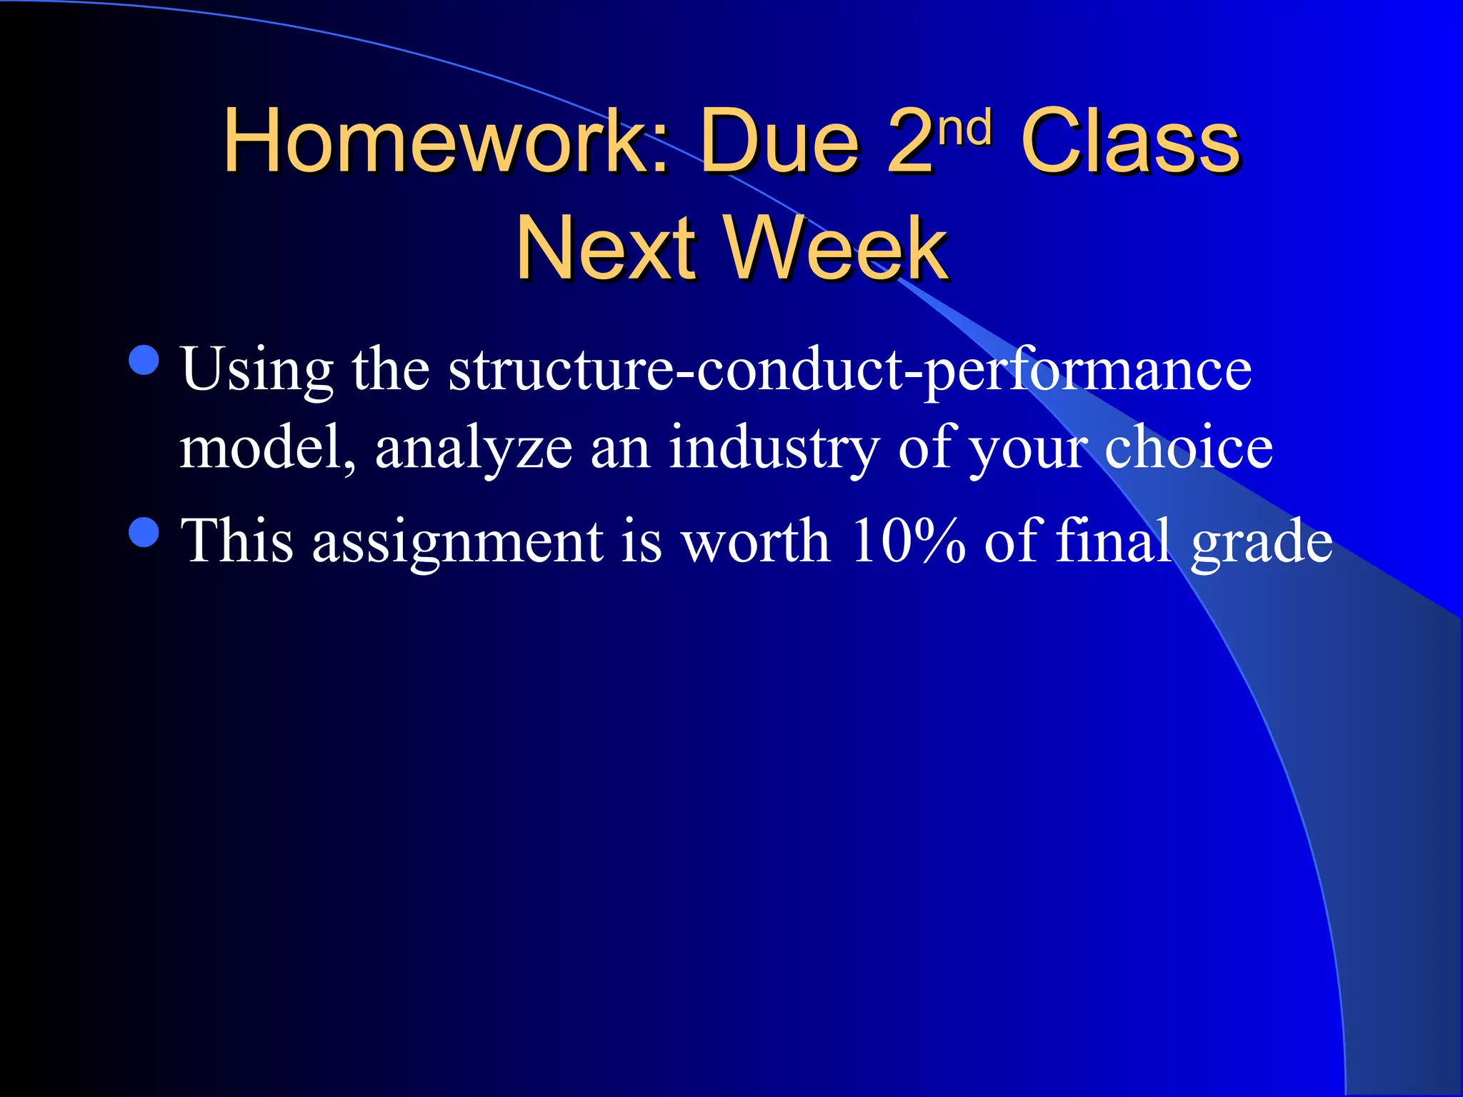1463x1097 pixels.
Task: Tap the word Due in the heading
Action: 779,141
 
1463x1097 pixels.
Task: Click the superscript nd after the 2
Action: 965,128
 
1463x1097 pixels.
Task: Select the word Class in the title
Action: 1131,141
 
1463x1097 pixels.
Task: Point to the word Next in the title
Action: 606,248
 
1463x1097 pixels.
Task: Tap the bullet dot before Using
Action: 144,360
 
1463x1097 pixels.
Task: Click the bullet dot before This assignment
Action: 144,532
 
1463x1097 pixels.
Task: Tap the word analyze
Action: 473,450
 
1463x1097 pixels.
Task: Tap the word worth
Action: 755,541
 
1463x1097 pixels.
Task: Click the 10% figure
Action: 907,541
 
